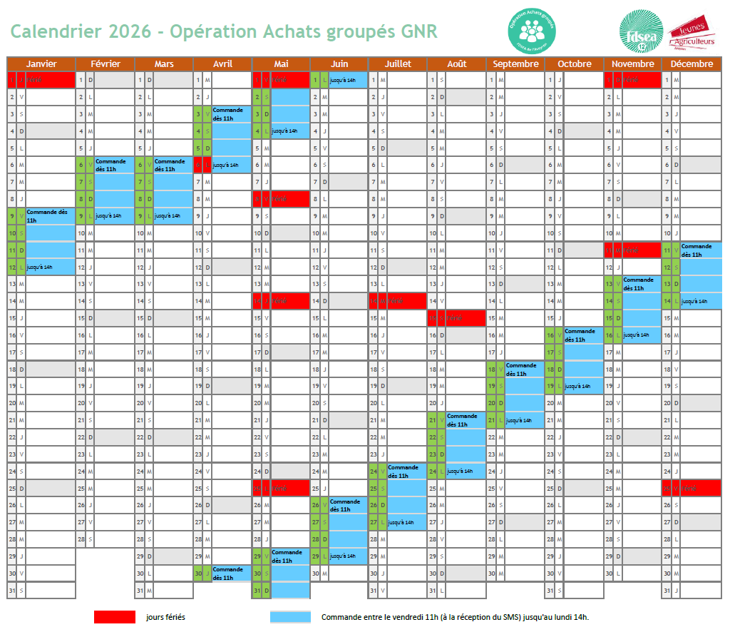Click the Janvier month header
coord(41,63)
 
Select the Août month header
coord(456,63)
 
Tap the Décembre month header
coord(692,63)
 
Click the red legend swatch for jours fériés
coord(114,617)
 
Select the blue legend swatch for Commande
coord(290,617)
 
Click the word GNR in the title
coord(419,31)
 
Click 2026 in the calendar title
coord(130,31)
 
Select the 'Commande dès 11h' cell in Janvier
coord(49,215)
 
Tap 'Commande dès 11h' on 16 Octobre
coord(582,335)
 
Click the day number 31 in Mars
coord(140,591)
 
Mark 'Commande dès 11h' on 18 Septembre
coord(523,369)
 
